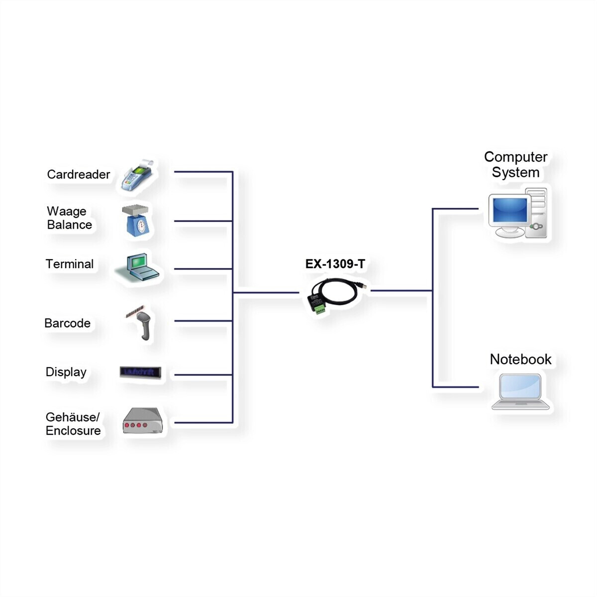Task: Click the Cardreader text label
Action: coord(79,175)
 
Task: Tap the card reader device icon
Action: coord(137,175)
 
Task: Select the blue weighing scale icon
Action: coord(136,220)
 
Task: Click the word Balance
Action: coord(69,224)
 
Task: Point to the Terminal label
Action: coord(69,264)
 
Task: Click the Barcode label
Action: coord(68,323)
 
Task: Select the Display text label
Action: coord(66,372)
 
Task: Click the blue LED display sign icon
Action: coord(140,372)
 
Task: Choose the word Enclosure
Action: coord(73,431)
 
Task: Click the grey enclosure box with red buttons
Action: coord(143,420)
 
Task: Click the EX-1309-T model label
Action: coord(335,264)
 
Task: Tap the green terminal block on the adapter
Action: coord(319,308)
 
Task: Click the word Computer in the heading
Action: coord(516,157)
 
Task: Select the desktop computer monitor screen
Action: coord(510,210)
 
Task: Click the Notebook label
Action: coord(520,359)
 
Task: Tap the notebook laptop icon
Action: coord(520,392)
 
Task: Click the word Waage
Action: coord(67,211)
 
